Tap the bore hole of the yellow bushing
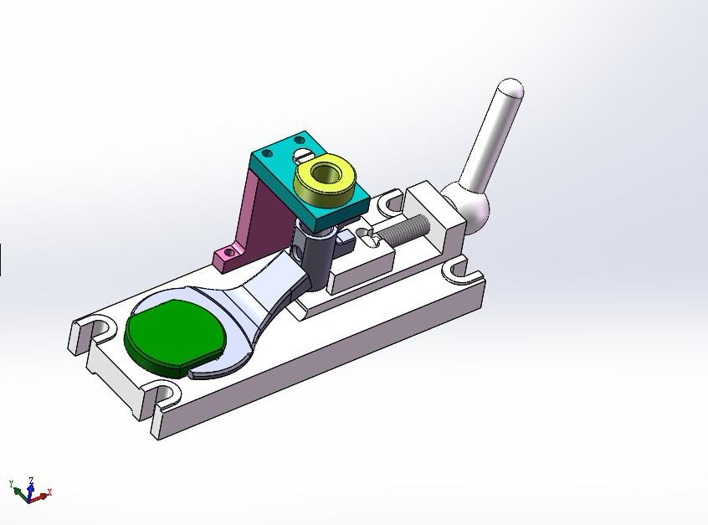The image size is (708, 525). click(325, 175)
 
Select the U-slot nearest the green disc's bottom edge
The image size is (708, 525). click(164, 393)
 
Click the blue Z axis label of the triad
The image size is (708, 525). click(31, 481)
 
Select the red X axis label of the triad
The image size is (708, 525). click(49, 492)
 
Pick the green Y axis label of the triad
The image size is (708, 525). click(12, 484)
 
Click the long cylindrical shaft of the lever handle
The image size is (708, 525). click(490, 142)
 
